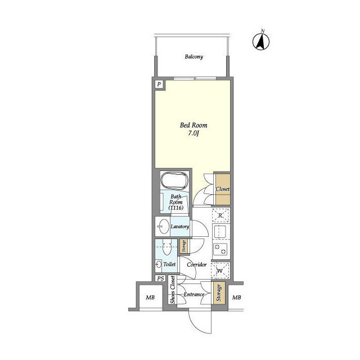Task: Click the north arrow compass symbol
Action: pos(261,41)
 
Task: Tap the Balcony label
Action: pos(193,56)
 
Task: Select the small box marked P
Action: pos(159,84)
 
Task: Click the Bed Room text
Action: pos(193,125)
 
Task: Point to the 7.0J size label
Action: pos(193,133)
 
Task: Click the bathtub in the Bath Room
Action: pos(174,181)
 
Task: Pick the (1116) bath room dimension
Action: pos(176,208)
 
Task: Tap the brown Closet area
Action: pos(223,189)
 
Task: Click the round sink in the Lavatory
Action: pos(164,226)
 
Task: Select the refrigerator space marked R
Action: pos(220,215)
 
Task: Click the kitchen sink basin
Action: pos(220,232)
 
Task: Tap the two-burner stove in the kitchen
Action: pos(220,249)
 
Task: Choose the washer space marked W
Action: pos(220,271)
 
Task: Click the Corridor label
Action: pos(197,264)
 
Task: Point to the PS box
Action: pos(160,278)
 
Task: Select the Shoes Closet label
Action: pos(173,290)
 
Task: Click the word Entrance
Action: pos(194,294)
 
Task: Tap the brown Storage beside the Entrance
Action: pos(219,293)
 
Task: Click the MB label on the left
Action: pos(150,298)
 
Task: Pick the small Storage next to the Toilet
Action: pos(184,246)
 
